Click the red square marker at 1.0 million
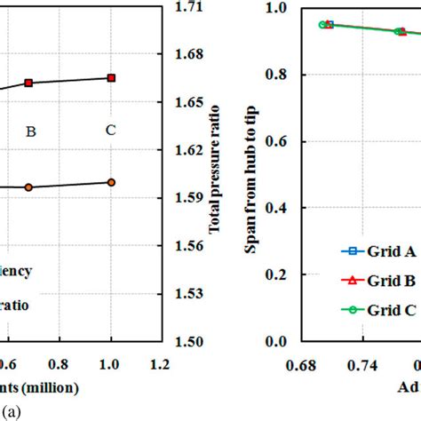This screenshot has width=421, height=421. (x=111, y=78)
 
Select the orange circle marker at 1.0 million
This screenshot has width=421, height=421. (x=111, y=182)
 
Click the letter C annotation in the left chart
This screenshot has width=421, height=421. (x=110, y=131)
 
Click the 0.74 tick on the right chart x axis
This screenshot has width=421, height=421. (x=368, y=364)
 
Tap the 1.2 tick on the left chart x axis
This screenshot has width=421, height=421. (x=160, y=364)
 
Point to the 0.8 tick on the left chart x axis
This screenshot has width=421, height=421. (x=60, y=364)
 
